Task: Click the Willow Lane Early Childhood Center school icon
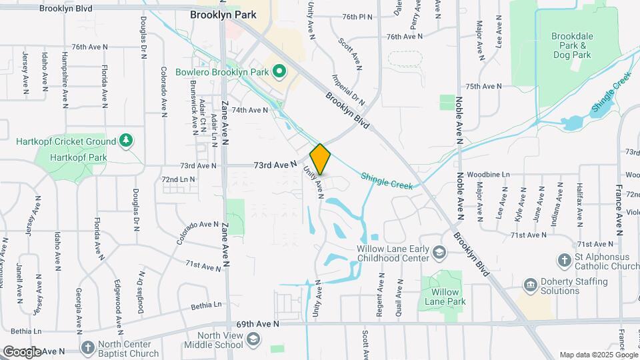[439, 253]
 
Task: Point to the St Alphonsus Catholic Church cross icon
[564, 259]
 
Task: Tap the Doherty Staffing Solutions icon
[531, 286]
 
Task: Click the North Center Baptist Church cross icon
[87, 348]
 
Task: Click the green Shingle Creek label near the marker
[387, 180]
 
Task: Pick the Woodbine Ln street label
[488, 174]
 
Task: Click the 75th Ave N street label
[483, 87]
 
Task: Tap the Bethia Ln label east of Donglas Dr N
[206, 306]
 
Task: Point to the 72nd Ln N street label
[178, 179]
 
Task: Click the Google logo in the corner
[22, 351]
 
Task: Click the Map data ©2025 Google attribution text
[599, 355]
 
